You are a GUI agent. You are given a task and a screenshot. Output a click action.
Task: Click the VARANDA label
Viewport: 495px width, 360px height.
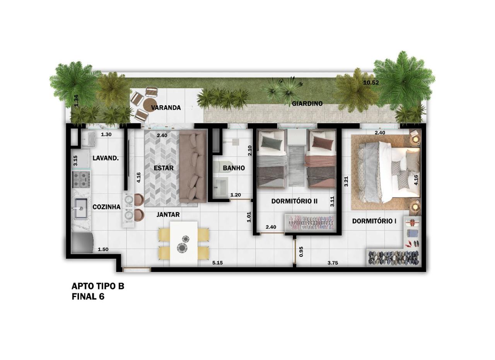point(166,107)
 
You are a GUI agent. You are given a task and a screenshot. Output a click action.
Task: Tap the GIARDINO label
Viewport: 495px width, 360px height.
point(307,103)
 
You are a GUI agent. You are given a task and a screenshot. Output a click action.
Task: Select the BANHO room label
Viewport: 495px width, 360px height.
point(234,168)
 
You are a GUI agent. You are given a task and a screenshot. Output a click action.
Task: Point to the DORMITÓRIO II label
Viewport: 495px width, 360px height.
point(294,201)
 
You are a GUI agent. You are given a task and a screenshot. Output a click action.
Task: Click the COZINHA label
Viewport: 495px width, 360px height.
point(106,207)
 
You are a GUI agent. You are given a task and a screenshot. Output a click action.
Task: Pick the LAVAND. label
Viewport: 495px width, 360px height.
point(106,158)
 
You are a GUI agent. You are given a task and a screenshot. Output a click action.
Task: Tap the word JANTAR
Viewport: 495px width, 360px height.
point(168,214)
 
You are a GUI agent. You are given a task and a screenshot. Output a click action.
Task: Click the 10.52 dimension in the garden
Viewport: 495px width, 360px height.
point(371,83)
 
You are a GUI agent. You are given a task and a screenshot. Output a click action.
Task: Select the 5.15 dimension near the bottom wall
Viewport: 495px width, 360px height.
point(217,263)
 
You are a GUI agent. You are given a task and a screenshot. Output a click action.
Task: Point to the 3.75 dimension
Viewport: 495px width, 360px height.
point(333,263)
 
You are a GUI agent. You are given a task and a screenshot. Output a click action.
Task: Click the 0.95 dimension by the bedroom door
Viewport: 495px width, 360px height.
point(301,252)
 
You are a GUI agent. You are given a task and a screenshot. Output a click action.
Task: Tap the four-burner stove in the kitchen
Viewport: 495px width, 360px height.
point(82,180)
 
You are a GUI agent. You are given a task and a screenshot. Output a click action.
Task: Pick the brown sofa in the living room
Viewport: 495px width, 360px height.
point(193,166)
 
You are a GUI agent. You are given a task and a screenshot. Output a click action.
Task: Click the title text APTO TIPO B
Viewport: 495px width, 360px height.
point(98,286)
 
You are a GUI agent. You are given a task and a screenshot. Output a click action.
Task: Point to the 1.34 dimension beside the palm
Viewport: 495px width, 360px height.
point(76,101)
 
